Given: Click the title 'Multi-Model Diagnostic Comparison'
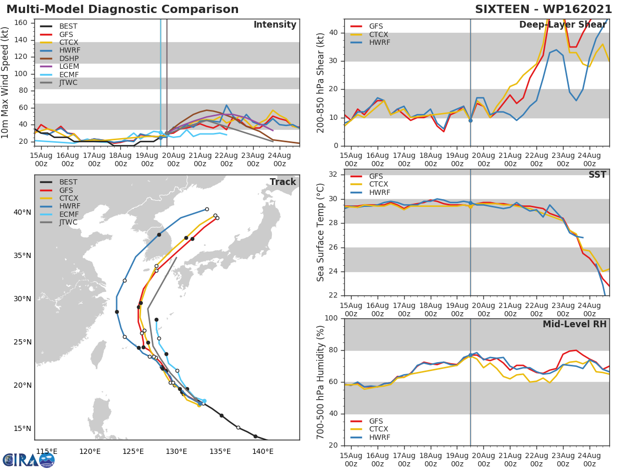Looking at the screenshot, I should pyautogui.click(x=122, y=9).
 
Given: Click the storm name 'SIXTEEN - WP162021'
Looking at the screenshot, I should pyautogui.click(x=543, y=9).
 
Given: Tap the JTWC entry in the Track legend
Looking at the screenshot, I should pyautogui.click(x=68, y=222).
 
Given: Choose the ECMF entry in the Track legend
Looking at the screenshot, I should pyautogui.click(x=68, y=214).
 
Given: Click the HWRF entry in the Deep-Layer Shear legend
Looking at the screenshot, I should pyautogui.click(x=379, y=42).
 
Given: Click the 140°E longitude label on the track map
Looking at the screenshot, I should pyautogui.click(x=263, y=451).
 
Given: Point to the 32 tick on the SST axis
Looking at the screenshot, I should pyautogui.click(x=333, y=175).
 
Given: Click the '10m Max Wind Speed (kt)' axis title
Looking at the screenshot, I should pyautogui.click(x=6, y=82).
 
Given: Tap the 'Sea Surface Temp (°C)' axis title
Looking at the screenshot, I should pyautogui.click(x=321, y=232).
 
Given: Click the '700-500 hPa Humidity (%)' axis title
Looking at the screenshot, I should pyautogui.click(x=321, y=382).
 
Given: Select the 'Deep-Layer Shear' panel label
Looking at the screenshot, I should pyautogui.click(x=562, y=25).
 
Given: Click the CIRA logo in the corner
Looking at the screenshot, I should pyautogui.click(x=28, y=460).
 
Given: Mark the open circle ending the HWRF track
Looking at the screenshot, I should pyautogui.click(x=207, y=209).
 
